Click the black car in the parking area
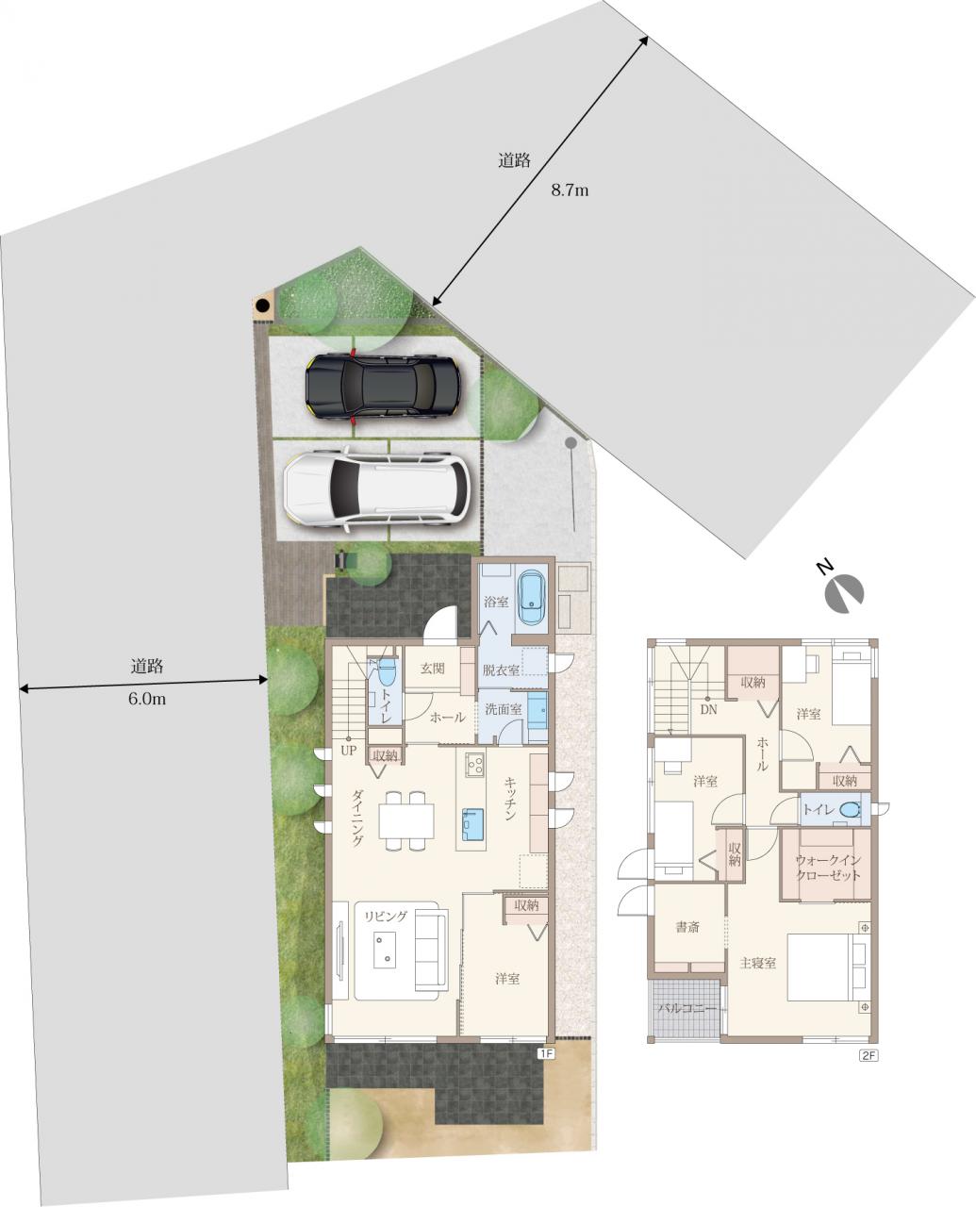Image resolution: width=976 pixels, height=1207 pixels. (382, 386)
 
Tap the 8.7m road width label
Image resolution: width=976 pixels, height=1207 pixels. (569, 191)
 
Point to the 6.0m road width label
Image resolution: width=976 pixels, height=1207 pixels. (147, 700)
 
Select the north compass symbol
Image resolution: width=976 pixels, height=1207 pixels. (842, 591)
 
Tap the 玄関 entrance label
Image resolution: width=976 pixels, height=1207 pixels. (433, 669)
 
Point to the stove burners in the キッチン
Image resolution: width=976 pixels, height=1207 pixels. (474, 765)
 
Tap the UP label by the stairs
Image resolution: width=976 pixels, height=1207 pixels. (349, 751)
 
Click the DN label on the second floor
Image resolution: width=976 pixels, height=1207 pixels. (708, 709)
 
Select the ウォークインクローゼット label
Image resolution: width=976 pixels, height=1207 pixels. (828, 868)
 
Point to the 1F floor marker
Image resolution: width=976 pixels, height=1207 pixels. (546, 1055)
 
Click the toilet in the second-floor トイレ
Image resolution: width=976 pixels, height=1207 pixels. (848, 810)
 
